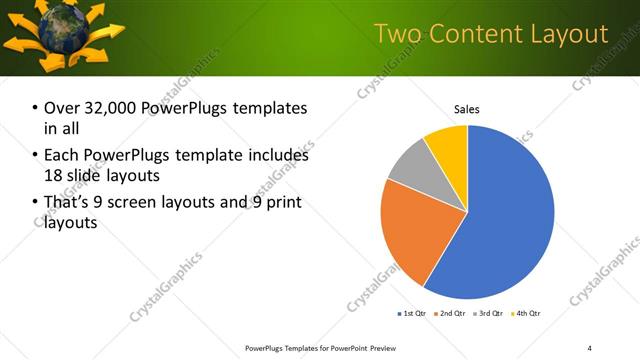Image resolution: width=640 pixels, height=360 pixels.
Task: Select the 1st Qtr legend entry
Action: [411, 314]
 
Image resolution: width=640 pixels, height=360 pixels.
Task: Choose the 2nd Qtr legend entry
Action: [450, 314]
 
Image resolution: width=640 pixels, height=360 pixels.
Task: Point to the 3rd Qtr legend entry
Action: [489, 314]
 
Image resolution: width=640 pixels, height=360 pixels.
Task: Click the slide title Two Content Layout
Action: [491, 34]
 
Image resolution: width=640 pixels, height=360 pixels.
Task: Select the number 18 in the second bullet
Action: [53, 176]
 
